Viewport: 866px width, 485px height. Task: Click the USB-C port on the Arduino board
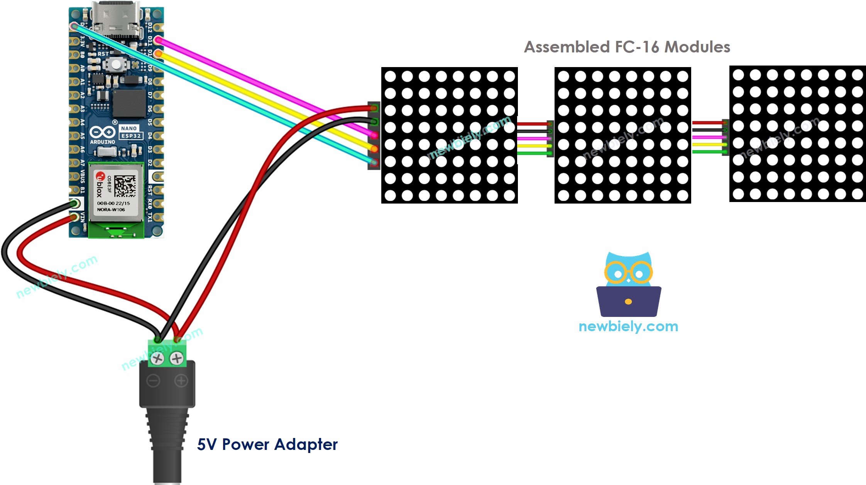tap(116, 17)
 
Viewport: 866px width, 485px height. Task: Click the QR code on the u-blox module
tap(125, 186)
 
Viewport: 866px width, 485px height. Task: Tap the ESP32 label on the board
tap(131, 136)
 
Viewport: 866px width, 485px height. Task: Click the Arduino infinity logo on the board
tap(102, 132)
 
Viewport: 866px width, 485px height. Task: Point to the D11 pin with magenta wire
tap(158, 40)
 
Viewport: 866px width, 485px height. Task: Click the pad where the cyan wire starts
tap(73, 26)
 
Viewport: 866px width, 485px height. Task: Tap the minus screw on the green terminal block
tap(157, 359)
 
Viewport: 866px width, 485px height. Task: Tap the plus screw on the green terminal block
tap(177, 359)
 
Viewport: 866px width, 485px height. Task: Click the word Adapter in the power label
tap(306, 445)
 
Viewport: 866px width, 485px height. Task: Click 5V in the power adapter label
tap(207, 445)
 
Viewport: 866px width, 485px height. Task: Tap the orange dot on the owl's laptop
tap(628, 301)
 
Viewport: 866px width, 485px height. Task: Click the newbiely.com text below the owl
tap(628, 327)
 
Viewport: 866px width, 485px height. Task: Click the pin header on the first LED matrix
tap(374, 135)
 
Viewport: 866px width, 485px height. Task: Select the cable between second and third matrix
tap(709, 138)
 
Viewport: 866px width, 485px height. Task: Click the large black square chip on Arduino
tap(129, 103)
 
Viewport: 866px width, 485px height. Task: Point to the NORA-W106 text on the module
tap(111, 210)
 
